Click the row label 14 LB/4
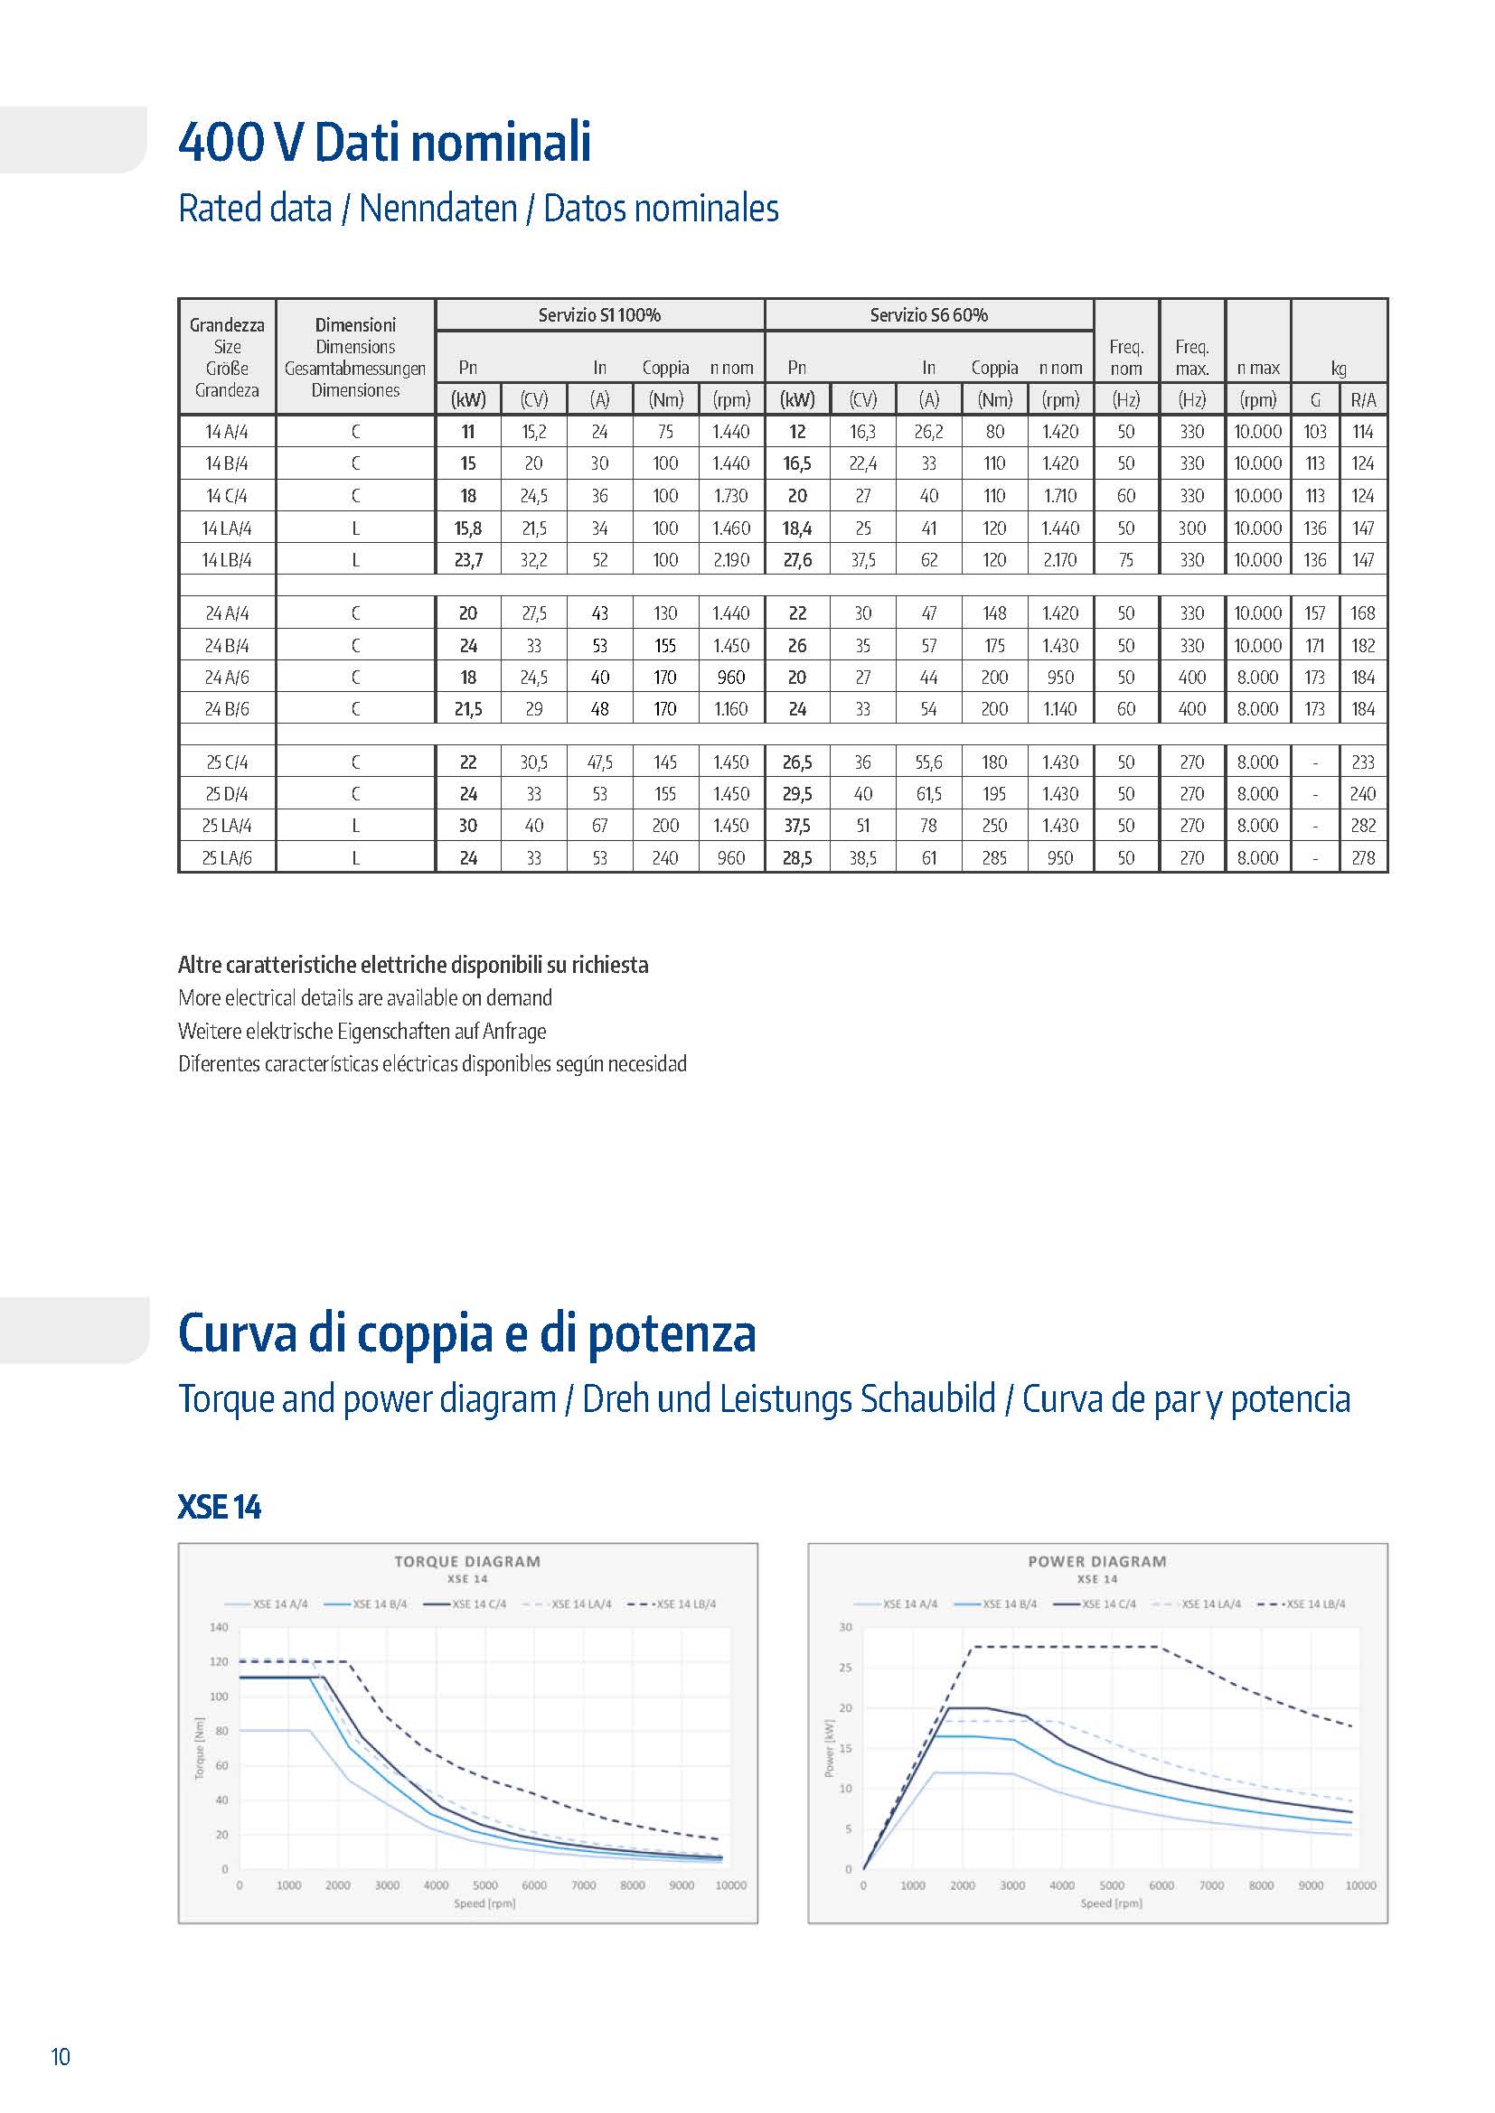pos(227,559)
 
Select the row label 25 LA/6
pos(227,857)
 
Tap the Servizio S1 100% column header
pos(599,314)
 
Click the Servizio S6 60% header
pos(929,314)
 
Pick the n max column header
pos(1257,368)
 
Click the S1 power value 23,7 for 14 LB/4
pos(468,559)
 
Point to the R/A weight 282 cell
pos(1362,826)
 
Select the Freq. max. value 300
pos(1192,528)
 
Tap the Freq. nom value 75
pos(1126,559)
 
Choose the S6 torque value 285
pos(994,857)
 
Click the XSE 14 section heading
pos(219,1508)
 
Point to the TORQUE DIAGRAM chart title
pos(467,1562)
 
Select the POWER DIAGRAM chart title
pos(1097,1562)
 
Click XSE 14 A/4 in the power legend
pos(909,1604)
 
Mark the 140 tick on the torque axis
pos(219,1627)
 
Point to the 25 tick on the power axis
pos(846,1668)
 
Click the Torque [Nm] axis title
pos(199,1749)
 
